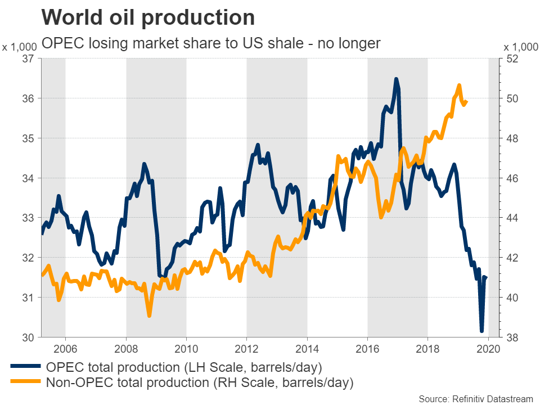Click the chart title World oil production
[x=148, y=18]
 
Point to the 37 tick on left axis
[x=28, y=58]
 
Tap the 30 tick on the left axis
[x=28, y=337]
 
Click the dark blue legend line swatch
[x=26, y=368]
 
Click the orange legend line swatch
[x=26, y=383]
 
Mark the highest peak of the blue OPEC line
[x=396, y=79]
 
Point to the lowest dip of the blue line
[x=481, y=331]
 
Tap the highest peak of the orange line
[x=460, y=85]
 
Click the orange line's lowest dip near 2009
[x=149, y=316]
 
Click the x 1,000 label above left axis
[x=20, y=47]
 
